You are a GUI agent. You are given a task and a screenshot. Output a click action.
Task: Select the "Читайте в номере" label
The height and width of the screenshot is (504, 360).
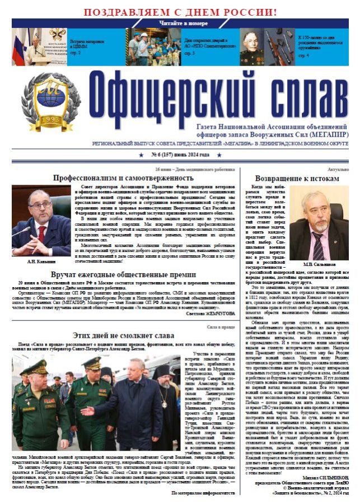(x=179, y=24)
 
